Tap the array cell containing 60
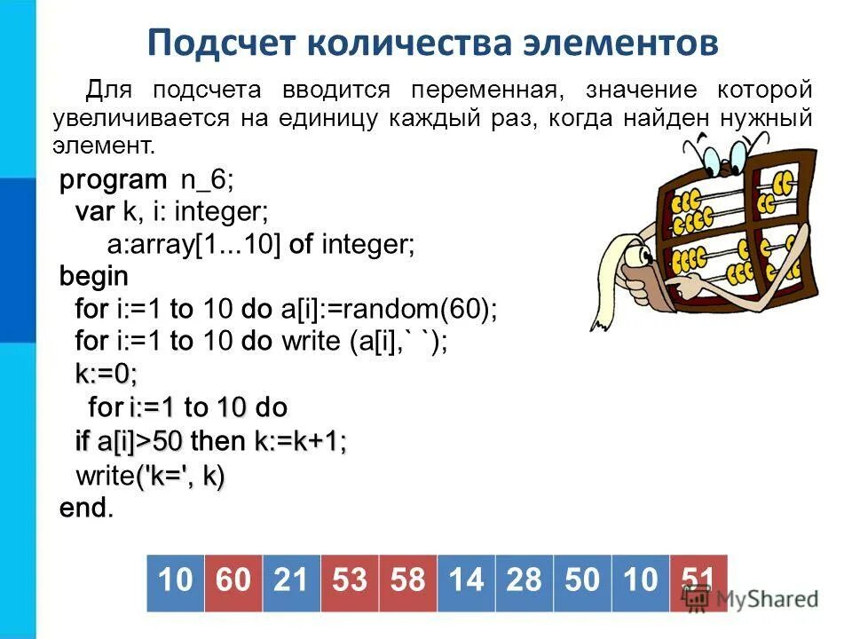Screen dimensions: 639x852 click(233, 582)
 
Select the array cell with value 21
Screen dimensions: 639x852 click(291, 582)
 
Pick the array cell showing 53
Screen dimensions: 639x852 click(349, 582)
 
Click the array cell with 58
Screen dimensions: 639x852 click(407, 582)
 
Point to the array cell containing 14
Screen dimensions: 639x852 click(465, 582)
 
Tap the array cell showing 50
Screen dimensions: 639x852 click(581, 582)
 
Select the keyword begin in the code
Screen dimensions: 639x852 click(93, 276)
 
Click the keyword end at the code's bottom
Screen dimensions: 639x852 click(84, 508)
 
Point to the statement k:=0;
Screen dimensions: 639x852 click(106, 375)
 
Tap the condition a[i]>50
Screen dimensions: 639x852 click(139, 441)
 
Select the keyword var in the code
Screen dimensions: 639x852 click(93, 213)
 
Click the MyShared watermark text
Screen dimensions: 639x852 click(767, 597)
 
